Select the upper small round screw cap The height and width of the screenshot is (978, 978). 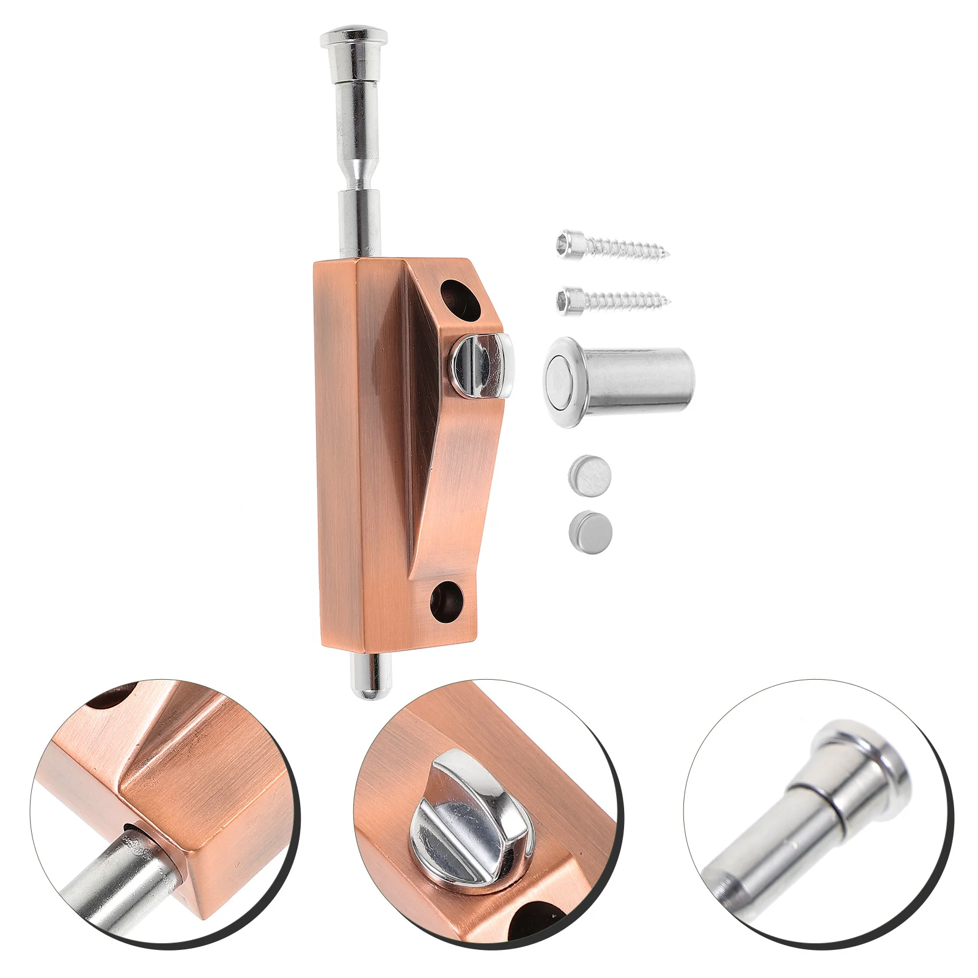tap(590, 474)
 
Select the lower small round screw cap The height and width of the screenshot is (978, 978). tap(590, 527)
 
